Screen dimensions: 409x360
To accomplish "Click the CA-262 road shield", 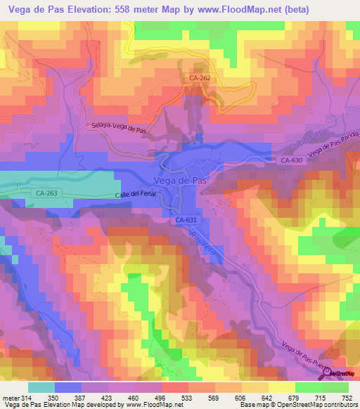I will point(199,79).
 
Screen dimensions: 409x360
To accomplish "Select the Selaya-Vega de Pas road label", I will point(120,129).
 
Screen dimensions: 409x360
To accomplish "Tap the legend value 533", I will point(188,397).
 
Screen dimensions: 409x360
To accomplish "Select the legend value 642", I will point(268,397).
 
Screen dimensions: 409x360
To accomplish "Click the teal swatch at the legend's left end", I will point(41,387).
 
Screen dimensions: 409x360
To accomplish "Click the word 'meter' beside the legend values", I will point(11,397).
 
